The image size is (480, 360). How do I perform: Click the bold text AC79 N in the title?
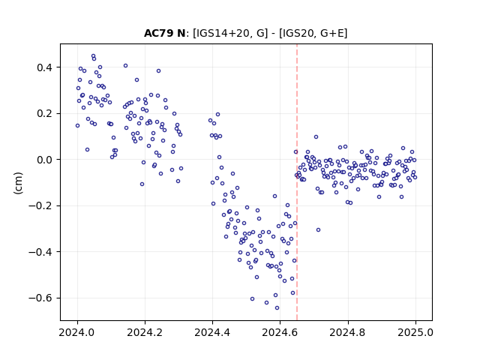[164, 33]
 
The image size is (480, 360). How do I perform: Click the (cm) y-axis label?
[18, 183]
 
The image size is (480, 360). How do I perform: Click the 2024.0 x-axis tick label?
[77, 332]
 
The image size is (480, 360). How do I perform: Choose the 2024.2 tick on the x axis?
[145, 332]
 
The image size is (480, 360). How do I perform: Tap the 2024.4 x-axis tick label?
[212, 332]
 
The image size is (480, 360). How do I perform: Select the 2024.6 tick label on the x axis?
[280, 332]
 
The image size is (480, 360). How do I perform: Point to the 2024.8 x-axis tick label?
[347, 332]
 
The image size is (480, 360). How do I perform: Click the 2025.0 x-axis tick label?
[415, 332]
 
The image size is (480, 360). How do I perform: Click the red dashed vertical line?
[297, 182]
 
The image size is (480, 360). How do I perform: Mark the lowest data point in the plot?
[277, 308]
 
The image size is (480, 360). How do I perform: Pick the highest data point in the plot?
[93, 56]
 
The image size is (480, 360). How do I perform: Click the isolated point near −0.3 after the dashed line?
[318, 230]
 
